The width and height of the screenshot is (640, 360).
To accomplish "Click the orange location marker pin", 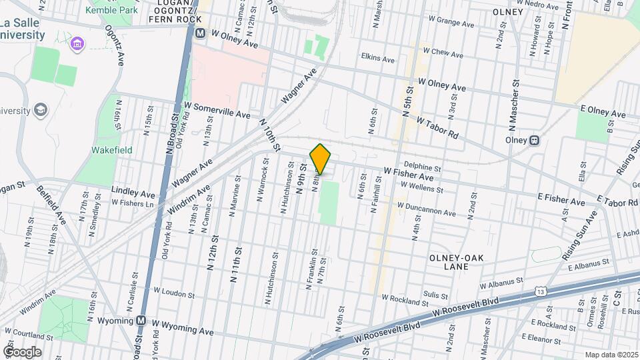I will pos(321,159).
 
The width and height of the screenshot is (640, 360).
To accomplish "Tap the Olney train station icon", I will pos(534,141).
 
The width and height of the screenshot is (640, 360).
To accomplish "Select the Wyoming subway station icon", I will pos(141,321).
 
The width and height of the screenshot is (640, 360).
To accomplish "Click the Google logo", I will pos(22,351).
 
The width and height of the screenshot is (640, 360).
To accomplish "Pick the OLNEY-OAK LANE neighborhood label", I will pos(459,262).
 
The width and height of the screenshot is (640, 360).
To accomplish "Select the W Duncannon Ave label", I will pos(426,209).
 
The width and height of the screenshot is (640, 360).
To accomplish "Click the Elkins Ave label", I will pos(377,59).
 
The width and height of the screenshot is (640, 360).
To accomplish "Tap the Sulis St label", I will pos(435,294).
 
